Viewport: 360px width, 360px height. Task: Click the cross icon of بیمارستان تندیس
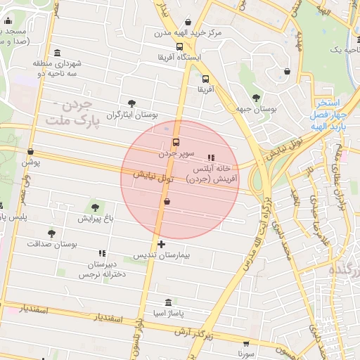coord(162,244)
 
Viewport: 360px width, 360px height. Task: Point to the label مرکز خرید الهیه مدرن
coord(188,33)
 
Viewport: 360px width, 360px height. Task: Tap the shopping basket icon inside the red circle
coord(167,202)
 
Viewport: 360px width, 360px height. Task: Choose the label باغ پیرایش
coord(96,219)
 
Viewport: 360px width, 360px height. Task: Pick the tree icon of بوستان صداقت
coord(51,233)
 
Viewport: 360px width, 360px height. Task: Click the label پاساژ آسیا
coord(166,312)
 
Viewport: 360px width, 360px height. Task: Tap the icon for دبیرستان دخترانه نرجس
coord(103,253)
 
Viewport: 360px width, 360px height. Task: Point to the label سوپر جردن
coord(175,152)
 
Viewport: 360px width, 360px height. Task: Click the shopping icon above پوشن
coord(30,152)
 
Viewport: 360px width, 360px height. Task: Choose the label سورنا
coord(244,355)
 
